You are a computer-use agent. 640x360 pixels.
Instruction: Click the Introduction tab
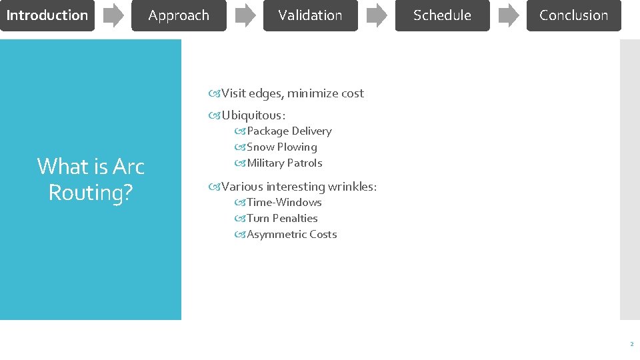[x=47, y=15]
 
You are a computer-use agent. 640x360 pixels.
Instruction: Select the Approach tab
[x=179, y=15]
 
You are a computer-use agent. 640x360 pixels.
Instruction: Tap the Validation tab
[x=310, y=15]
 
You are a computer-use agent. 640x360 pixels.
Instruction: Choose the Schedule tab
[x=442, y=15]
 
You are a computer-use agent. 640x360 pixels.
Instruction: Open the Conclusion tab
[x=573, y=15]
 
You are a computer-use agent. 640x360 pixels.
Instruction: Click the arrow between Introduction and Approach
[x=113, y=15]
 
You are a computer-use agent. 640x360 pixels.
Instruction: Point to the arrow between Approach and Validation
[x=245, y=15]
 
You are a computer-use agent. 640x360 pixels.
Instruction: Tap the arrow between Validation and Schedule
[x=377, y=15]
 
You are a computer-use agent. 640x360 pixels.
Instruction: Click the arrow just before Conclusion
[x=508, y=15]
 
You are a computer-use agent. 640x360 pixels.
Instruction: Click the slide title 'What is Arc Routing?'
[x=91, y=179]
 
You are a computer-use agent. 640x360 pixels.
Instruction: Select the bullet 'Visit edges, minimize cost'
[x=292, y=93]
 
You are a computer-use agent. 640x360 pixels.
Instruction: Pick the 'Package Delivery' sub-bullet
[x=289, y=131]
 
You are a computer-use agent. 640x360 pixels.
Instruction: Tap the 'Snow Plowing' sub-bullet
[x=281, y=147]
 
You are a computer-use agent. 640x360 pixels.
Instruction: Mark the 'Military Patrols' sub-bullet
[x=284, y=163]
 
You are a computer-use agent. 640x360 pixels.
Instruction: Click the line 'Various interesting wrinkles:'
[x=299, y=187]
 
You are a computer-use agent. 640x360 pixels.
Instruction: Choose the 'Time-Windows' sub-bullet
[x=284, y=203]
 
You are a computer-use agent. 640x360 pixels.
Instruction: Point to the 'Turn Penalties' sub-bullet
[x=282, y=219]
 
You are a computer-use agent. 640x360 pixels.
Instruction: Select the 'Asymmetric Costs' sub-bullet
[x=291, y=235]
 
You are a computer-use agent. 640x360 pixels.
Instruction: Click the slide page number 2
[x=631, y=345]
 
